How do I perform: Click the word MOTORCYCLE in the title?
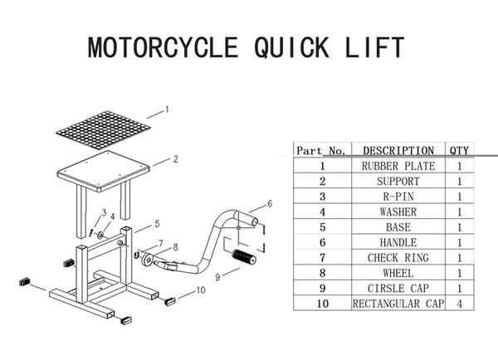163,47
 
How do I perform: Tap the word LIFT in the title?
374,47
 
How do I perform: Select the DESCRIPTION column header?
398,150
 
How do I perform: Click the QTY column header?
459,150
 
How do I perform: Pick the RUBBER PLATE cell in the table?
398,166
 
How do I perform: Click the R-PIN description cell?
398,197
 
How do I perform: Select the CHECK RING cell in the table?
398,257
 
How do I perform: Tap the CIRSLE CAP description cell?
398,289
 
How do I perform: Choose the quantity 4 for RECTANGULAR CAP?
459,304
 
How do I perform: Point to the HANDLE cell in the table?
398,242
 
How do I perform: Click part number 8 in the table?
322,273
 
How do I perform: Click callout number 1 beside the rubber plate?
167,109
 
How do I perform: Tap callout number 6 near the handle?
270,203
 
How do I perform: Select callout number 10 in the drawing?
201,289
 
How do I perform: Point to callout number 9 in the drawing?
217,277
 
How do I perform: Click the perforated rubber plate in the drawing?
103,130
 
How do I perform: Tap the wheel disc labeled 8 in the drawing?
148,259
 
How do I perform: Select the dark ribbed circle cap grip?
244,257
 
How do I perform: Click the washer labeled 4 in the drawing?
100,236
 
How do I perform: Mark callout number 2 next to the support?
176,159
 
